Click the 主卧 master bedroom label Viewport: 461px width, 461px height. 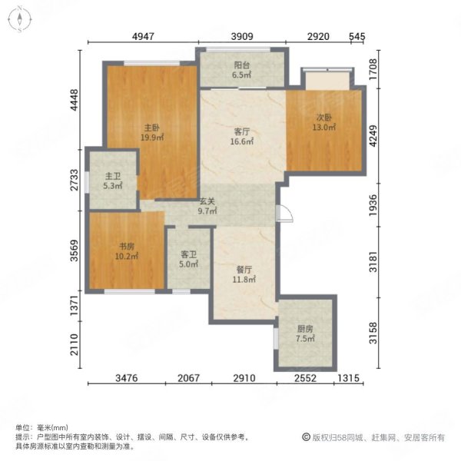point(151,128)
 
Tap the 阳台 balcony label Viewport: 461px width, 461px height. point(241,66)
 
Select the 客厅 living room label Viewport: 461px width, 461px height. point(241,131)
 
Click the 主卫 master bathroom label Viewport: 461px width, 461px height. point(111,175)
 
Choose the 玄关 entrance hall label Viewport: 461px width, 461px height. point(207,202)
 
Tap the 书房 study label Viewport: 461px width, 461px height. point(127,247)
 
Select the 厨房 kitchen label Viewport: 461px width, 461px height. point(306,328)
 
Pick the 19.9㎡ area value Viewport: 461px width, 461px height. point(151,138)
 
